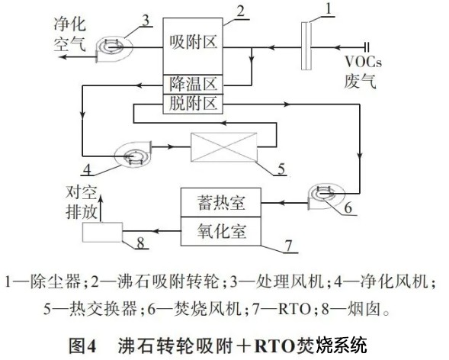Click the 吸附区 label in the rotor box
click(193, 43)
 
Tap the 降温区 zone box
click(193, 84)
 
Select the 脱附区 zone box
click(193, 104)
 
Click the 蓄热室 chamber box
click(221, 202)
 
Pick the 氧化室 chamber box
click(221, 231)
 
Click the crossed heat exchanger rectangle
click(223, 147)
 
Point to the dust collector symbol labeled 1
click(306, 46)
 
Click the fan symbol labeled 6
click(326, 197)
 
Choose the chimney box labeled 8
click(102, 233)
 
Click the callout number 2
click(241, 11)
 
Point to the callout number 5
click(281, 169)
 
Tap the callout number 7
click(289, 246)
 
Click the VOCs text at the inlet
click(363, 62)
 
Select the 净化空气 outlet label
click(70, 34)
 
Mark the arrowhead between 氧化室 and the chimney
click(156, 231)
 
